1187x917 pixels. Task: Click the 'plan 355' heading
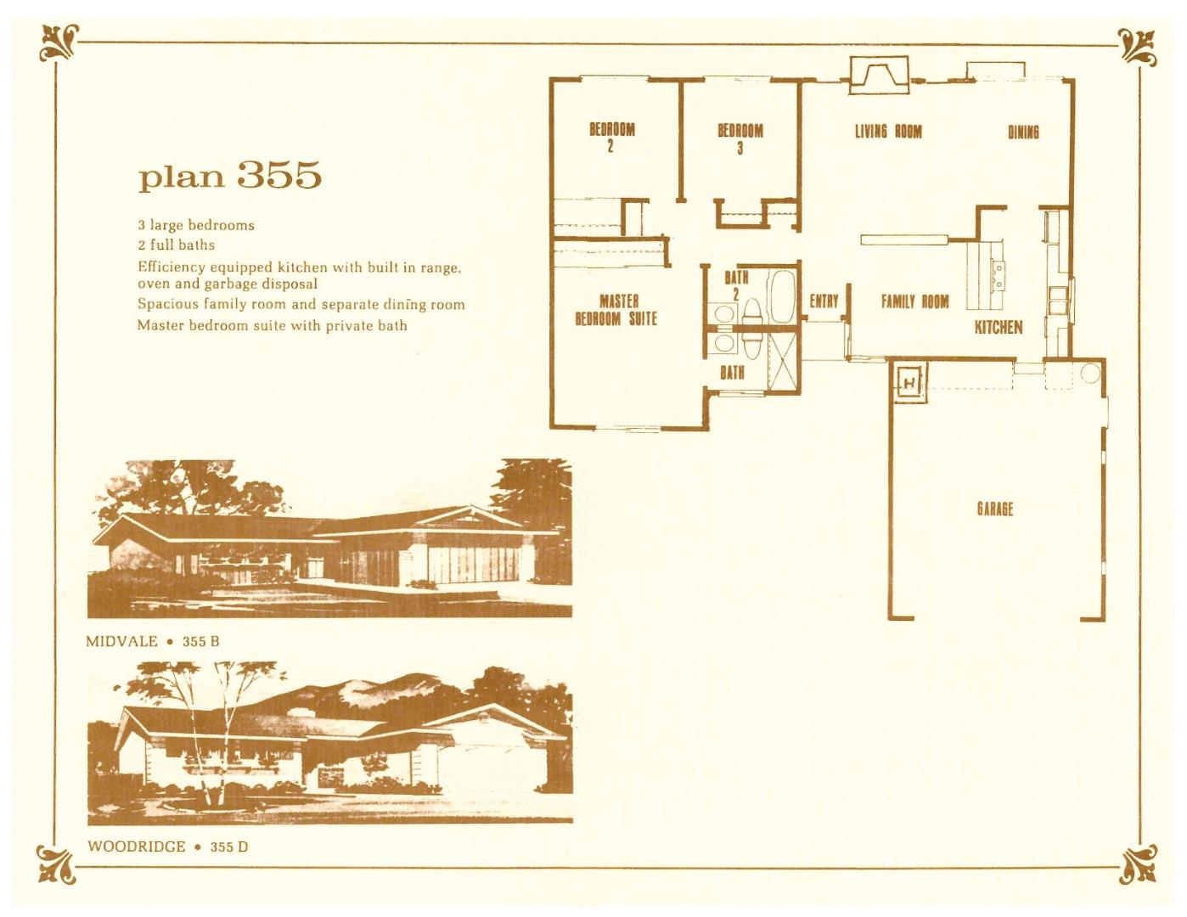pyautogui.click(x=230, y=175)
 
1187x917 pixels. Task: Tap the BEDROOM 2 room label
pyautogui.click(x=612, y=137)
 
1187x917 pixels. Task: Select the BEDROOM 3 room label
pyautogui.click(x=740, y=138)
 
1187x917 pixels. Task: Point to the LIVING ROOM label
pyautogui.click(x=887, y=131)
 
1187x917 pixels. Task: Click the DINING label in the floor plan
pyautogui.click(x=1023, y=132)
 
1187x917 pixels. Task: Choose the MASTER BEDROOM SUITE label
pyautogui.click(x=617, y=310)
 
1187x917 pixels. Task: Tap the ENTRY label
pyautogui.click(x=824, y=301)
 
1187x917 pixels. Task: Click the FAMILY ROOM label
pyautogui.click(x=914, y=301)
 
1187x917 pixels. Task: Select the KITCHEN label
pyautogui.click(x=998, y=327)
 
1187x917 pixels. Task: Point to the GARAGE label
pyautogui.click(x=994, y=509)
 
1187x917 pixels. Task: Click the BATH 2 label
pyautogui.click(x=736, y=284)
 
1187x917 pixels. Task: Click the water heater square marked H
pyautogui.click(x=909, y=384)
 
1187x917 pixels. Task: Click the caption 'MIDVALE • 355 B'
pyautogui.click(x=153, y=641)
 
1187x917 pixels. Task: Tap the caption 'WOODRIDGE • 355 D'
pyautogui.click(x=167, y=847)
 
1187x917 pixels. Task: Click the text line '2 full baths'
pyautogui.click(x=177, y=245)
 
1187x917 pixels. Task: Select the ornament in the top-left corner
pyautogui.click(x=59, y=43)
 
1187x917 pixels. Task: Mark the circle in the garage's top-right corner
pyautogui.click(x=1089, y=372)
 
